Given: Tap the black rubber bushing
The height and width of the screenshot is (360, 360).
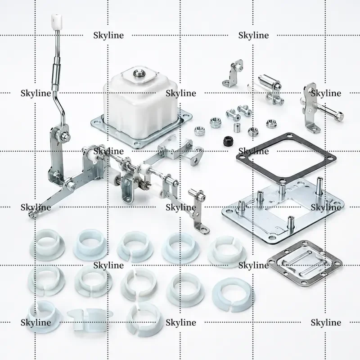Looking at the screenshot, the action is pos(228,141).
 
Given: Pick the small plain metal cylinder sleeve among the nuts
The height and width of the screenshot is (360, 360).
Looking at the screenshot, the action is pos(237,128).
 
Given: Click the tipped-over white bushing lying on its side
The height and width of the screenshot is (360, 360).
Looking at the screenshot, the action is pos(90,319).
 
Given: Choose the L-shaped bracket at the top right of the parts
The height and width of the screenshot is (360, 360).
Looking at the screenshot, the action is pos(233,73).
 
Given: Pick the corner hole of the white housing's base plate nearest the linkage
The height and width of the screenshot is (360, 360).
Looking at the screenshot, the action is pos(137,144).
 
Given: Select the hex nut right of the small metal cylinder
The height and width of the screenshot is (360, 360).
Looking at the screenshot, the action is pos(252,131).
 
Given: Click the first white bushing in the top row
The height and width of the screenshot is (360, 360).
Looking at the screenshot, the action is pos(47,244).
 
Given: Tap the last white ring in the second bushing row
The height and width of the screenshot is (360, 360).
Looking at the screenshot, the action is pos(233,295).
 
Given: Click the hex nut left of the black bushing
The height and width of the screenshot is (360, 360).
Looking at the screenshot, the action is pos(199,131).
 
